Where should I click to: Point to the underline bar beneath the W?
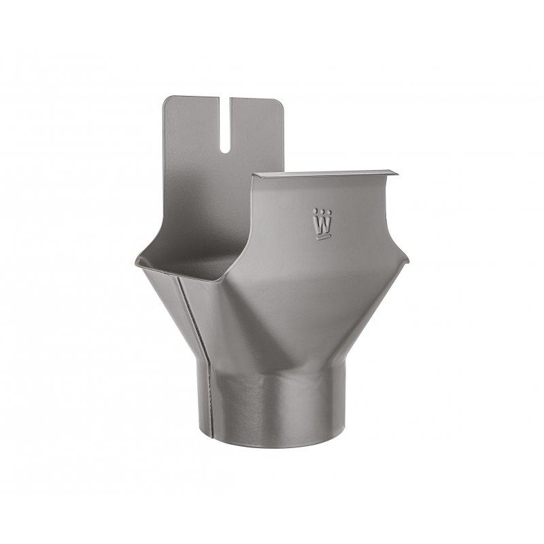322,237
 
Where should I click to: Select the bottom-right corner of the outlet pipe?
340,435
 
